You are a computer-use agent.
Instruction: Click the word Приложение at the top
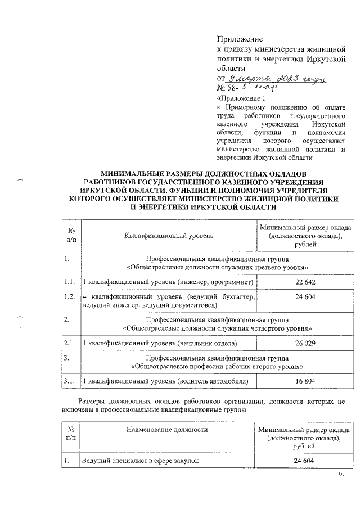pos(240,39)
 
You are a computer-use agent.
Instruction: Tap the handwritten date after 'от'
pos(276,79)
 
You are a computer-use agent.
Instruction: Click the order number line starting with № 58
pos(247,88)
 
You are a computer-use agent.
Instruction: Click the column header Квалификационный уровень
pos(169,236)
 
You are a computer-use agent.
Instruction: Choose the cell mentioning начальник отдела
pos(160,342)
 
